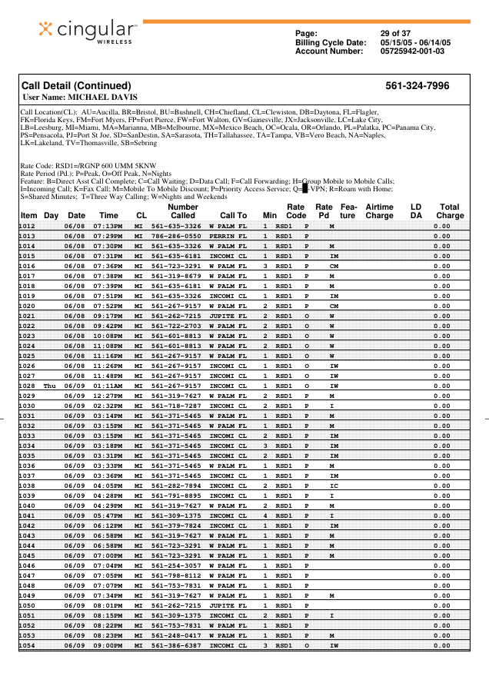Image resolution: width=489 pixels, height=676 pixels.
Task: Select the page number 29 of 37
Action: pyautogui.click(x=396, y=33)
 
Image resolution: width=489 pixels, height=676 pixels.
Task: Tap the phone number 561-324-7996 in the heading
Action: pyautogui.click(x=417, y=86)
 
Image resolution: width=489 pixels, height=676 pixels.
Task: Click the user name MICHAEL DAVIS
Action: pyautogui.click(x=103, y=98)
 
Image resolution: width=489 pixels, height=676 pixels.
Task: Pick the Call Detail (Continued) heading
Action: pyautogui.click(x=76, y=86)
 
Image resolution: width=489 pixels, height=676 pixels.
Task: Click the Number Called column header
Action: pyautogui.click(x=183, y=211)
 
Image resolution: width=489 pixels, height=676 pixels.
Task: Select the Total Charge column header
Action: pyautogui.click(x=450, y=211)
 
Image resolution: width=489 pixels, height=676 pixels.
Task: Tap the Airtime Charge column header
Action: pyautogui.click(x=379, y=211)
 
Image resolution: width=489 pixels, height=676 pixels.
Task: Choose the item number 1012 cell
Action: pyautogui.click(x=28, y=227)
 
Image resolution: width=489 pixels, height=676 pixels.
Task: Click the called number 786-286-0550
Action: pyautogui.click(x=176, y=236)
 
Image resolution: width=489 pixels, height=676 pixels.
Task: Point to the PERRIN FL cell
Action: pyautogui.click(x=228, y=236)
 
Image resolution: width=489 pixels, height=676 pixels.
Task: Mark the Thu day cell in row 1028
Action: pyautogui.click(x=51, y=385)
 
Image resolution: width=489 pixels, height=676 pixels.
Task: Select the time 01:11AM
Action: pyautogui.click(x=108, y=385)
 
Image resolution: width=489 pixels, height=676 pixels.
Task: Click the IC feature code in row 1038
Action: pyautogui.click(x=333, y=485)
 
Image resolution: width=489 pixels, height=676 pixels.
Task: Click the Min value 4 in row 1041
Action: pyautogui.click(x=265, y=515)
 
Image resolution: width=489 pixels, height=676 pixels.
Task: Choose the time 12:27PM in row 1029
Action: pyautogui.click(x=108, y=395)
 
